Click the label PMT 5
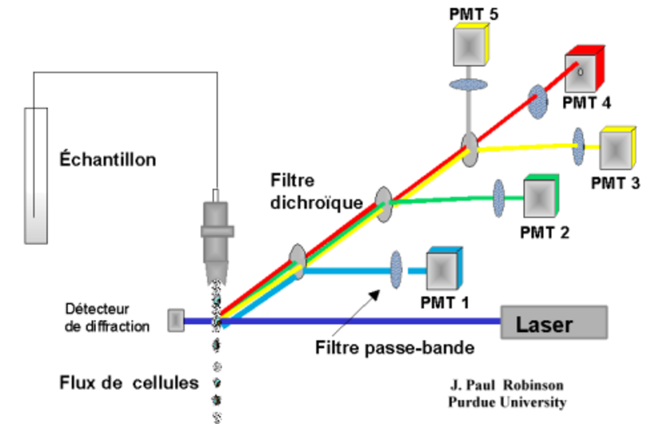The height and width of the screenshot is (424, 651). tap(474, 11)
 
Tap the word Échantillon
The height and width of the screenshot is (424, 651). tap(108, 159)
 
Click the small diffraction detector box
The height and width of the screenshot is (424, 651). tap(176, 321)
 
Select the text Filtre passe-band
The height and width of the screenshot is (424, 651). tap(395, 349)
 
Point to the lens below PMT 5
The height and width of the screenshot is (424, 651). tap(468, 84)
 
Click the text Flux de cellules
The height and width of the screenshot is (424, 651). tap(129, 381)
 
